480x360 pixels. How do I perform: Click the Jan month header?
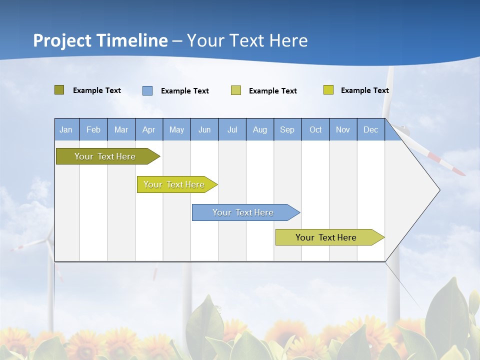pos(66,130)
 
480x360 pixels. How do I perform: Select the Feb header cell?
pos(93,130)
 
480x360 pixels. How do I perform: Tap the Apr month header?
pos(149,130)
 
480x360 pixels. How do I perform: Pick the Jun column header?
pos(204,130)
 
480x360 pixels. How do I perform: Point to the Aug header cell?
pos(260,130)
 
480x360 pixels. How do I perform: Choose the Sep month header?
pos(287,130)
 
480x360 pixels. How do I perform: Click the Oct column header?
pos(315,130)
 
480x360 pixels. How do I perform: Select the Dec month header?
pos(371,130)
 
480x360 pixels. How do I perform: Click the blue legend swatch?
pos(147,90)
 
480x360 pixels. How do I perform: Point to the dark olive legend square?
pos(59,90)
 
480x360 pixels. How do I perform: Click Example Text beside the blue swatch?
pos(185,91)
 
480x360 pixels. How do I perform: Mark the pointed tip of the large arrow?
pos(439,190)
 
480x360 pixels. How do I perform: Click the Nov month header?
pos(343,130)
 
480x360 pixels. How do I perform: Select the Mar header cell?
pos(121,130)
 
